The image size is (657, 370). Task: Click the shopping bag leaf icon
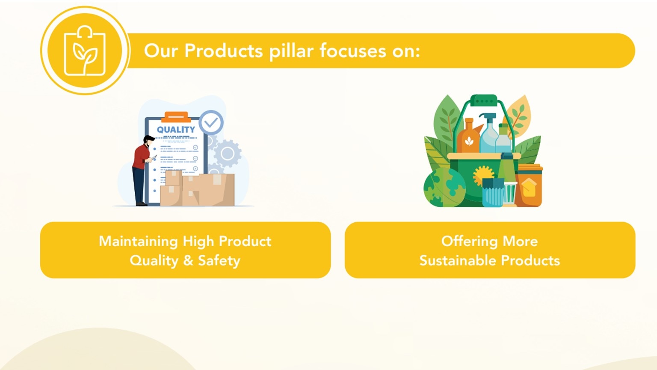pos(85,51)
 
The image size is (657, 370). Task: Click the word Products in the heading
pos(224,51)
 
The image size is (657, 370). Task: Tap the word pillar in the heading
pos(291,51)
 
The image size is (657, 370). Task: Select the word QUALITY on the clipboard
pos(176,129)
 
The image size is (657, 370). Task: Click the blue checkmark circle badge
pos(211,122)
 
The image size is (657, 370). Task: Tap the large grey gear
pos(228,153)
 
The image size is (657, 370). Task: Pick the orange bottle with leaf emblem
pos(468,137)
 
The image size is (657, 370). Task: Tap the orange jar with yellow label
pos(529,185)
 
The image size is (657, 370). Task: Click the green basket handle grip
pos(484,101)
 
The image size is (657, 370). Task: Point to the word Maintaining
pos(138,242)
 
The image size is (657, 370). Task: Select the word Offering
pos(469,242)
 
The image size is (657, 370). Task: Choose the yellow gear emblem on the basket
pos(483,175)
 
